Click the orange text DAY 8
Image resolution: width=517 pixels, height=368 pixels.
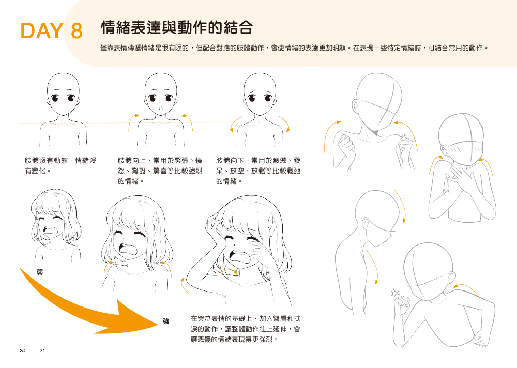tap(51, 30)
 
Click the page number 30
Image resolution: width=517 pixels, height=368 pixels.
tap(22, 351)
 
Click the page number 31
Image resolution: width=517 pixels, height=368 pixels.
tap(42, 351)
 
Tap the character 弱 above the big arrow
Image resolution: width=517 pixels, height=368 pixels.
tap(40, 272)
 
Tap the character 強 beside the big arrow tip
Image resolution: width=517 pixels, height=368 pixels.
tap(166, 321)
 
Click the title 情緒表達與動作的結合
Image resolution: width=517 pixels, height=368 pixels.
tap(177, 27)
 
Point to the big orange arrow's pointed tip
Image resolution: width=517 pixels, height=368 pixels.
tap(159, 324)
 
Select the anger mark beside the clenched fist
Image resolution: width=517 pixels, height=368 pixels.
tap(395, 292)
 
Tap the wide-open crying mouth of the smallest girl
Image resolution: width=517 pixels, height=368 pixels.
tap(51, 229)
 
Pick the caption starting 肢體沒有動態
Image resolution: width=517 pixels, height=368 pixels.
tap(60, 165)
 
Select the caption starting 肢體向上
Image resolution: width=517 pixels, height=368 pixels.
tap(160, 171)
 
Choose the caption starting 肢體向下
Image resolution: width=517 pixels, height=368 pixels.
tap(258, 171)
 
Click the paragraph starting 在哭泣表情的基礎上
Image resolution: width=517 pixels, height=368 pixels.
tap(245, 329)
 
